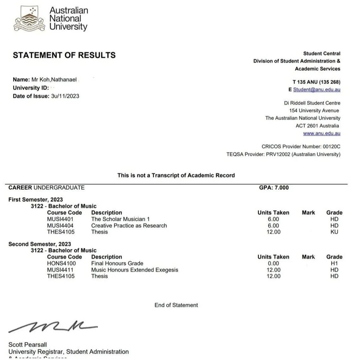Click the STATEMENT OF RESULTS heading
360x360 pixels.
tap(64, 55)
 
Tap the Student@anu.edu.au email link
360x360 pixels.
tap(316, 90)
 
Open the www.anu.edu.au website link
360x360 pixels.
tap(321, 134)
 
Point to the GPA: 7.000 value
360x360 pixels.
tap(274, 188)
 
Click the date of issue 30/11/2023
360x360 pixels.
tap(65, 96)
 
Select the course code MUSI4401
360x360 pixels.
tap(60, 219)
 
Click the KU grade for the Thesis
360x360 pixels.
tap(334, 232)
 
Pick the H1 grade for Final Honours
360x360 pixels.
tap(334, 263)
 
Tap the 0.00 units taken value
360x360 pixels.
tap(273, 263)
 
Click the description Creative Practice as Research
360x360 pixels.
tap(129, 225)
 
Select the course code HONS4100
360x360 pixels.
tap(61, 263)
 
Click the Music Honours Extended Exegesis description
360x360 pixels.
tap(135, 270)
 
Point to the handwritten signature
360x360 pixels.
tap(52, 327)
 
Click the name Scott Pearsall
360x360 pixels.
tap(27, 345)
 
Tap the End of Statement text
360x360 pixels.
tap(176, 305)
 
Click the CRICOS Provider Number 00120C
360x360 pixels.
tap(301, 147)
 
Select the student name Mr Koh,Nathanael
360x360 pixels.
tap(54, 80)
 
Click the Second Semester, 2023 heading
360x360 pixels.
tap(39, 244)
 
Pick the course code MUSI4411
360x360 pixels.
tap(60, 270)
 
